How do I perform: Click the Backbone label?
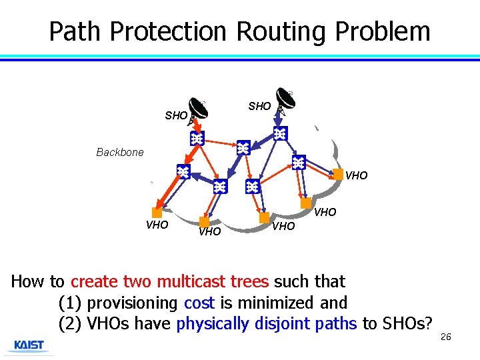(120, 153)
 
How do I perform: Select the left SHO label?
(176, 116)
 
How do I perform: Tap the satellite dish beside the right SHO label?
(288, 101)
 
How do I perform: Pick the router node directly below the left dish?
(197, 139)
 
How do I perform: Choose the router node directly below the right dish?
(281, 134)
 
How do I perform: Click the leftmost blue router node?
(183, 171)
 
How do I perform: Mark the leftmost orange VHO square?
(157, 213)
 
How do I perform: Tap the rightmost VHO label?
(356, 176)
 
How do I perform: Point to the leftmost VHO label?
(157, 225)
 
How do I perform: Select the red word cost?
(199, 303)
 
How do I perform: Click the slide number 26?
(446, 337)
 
